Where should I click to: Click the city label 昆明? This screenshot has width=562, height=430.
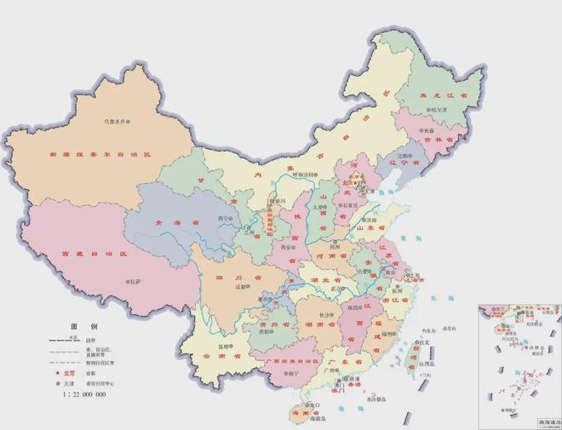pyautogui.click(x=224, y=347)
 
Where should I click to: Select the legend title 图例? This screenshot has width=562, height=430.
pyautogui.click(x=85, y=327)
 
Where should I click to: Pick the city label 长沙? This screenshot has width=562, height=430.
pyautogui.click(x=327, y=314)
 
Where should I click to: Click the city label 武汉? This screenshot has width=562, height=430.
pyautogui.click(x=345, y=287)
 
